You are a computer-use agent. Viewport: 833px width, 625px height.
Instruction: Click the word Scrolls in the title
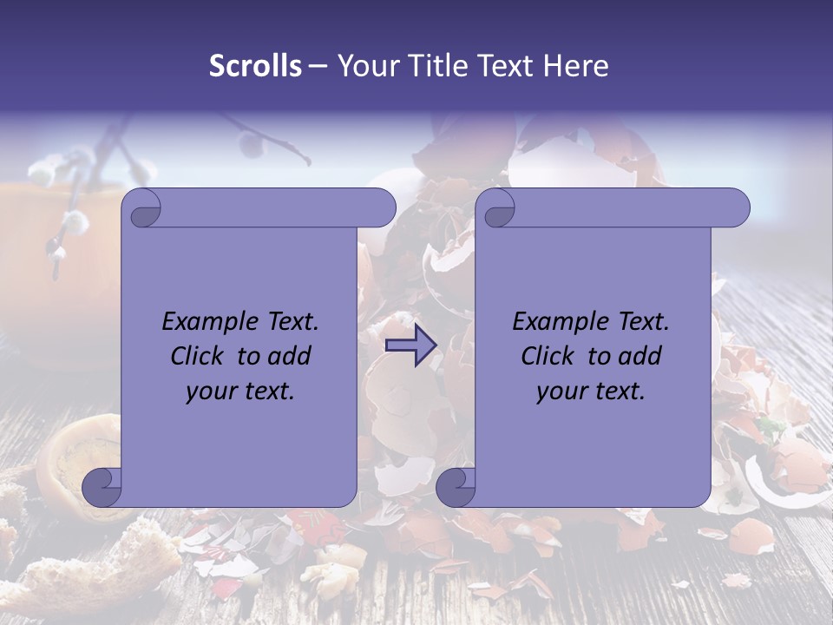255,66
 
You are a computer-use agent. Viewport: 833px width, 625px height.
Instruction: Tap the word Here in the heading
576,66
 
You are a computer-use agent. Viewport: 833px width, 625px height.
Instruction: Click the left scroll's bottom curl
102,487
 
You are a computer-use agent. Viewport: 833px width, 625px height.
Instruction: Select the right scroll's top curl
498,209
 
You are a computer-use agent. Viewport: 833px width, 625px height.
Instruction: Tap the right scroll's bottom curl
456,487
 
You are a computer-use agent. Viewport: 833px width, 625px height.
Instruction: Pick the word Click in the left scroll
200,356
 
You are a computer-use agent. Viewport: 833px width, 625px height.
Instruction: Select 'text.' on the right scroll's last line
618,391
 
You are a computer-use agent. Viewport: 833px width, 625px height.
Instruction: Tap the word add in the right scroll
641,356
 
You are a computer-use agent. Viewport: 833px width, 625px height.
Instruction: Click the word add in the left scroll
291,356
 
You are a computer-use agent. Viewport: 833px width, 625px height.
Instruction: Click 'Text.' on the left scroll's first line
291,322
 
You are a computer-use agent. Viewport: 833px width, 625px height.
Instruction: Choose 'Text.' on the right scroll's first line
641,322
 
